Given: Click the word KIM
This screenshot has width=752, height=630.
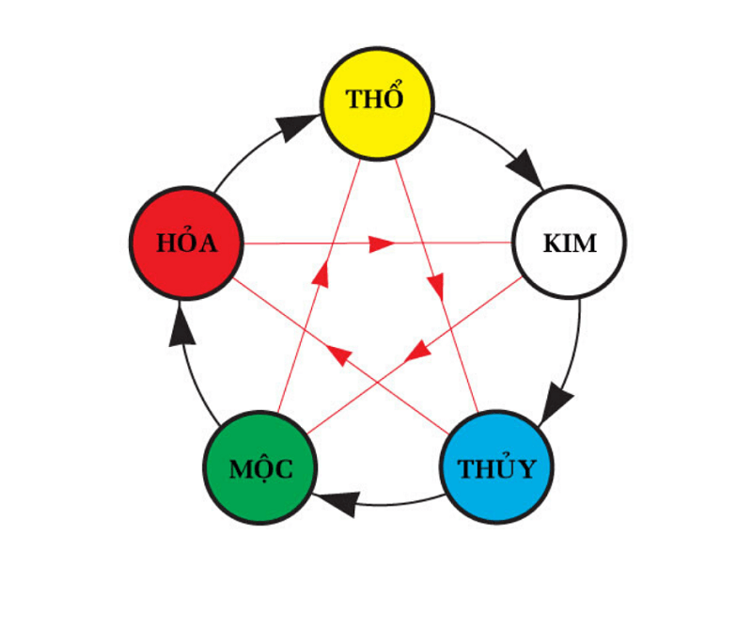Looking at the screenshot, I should pos(570,244).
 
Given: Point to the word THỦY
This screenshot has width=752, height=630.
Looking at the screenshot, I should pos(496,468).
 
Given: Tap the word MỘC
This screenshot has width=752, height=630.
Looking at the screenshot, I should pos(260,468).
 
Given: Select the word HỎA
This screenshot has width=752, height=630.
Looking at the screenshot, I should pos(186,244).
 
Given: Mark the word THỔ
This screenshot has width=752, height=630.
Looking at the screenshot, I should pos(376,100).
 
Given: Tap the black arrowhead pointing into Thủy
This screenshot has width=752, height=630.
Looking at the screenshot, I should pos(557,402).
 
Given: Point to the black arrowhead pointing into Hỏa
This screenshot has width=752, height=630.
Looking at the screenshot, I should pos(182,327).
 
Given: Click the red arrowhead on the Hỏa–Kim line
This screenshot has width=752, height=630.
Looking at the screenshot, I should pos(381,244).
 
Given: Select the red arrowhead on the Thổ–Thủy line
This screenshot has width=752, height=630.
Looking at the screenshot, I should pos(436,288).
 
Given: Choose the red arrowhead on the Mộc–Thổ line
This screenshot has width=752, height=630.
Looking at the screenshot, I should pos(321,275).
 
